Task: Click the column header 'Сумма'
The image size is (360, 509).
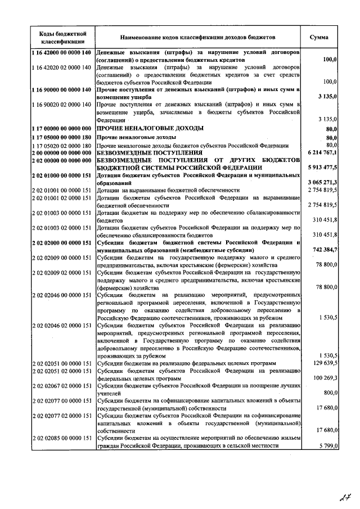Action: (319, 37)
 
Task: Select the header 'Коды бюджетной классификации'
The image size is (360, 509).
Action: (62, 37)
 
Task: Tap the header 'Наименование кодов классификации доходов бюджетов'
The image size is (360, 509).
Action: (197, 37)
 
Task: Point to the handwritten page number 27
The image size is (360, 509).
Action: (344, 496)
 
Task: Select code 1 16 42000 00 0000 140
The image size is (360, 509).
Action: (61, 52)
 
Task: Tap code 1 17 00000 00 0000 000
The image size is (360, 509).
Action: (61, 129)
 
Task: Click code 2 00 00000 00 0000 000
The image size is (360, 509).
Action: (61, 152)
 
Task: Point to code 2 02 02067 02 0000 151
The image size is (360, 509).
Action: (61, 386)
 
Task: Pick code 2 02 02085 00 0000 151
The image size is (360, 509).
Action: (61, 438)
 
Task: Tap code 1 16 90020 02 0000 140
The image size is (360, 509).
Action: (61, 105)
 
